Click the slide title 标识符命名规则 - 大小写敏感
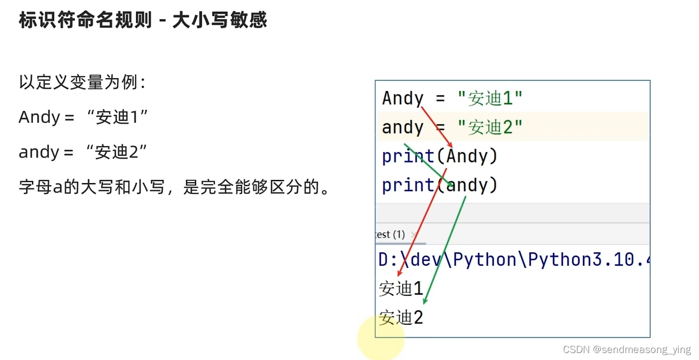click(142, 20)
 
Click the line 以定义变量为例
click(82, 82)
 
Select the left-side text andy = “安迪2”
click(82, 152)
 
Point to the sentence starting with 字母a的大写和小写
click(174, 187)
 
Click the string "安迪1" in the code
click(490, 99)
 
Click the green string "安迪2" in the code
click(490, 127)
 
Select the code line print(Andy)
click(440, 156)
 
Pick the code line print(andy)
click(440, 185)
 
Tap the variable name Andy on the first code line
click(402, 99)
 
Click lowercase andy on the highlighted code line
click(402, 127)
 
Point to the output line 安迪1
click(401, 289)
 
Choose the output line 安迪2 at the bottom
click(401, 318)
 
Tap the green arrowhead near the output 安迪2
click(425, 301)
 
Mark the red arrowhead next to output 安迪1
click(401, 274)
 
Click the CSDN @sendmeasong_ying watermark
click(627, 350)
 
